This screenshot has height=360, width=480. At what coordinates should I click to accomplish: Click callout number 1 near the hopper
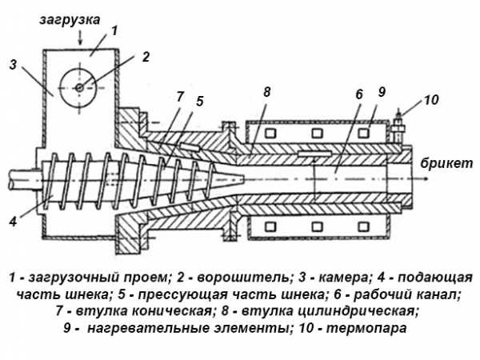tap(114, 30)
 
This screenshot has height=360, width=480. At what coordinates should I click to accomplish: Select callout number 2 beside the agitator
tap(146, 56)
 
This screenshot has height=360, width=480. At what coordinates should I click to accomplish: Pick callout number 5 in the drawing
tap(199, 102)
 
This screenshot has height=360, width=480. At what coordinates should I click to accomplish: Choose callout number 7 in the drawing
tap(181, 97)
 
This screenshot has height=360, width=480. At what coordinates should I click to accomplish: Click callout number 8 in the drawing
tap(268, 93)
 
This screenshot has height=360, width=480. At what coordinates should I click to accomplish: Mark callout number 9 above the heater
tap(382, 91)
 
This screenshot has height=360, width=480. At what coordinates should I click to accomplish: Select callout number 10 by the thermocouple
tap(431, 101)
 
